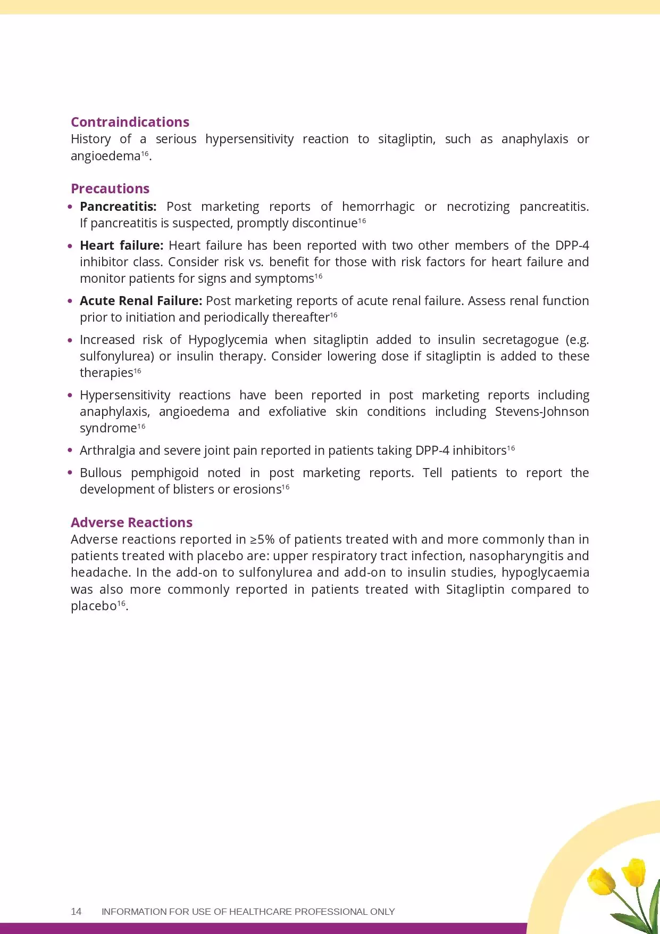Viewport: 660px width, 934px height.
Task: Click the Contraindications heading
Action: coord(130,122)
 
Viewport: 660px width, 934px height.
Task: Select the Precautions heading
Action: coord(110,189)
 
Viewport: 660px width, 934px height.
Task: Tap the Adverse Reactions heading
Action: coord(131,522)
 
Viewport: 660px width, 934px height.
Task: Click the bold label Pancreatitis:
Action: coord(118,207)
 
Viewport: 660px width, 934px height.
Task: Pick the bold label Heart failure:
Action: coord(121,245)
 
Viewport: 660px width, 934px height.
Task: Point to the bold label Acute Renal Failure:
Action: coord(141,301)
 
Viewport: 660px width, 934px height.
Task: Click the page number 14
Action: coord(76,912)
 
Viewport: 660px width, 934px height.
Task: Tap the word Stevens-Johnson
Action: coord(541,412)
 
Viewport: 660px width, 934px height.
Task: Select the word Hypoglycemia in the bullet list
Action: coord(228,340)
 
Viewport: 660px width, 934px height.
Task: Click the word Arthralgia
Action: coord(107,450)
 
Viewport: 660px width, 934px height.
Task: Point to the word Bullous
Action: coord(101,473)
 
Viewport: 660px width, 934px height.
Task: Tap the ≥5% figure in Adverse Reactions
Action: coord(262,539)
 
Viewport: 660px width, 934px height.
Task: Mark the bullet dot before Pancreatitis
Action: coord(70,207)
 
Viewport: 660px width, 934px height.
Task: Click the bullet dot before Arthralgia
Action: coord(70,450)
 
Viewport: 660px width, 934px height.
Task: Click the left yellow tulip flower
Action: coord(601,881)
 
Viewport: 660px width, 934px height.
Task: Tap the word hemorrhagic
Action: coord(378,207)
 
